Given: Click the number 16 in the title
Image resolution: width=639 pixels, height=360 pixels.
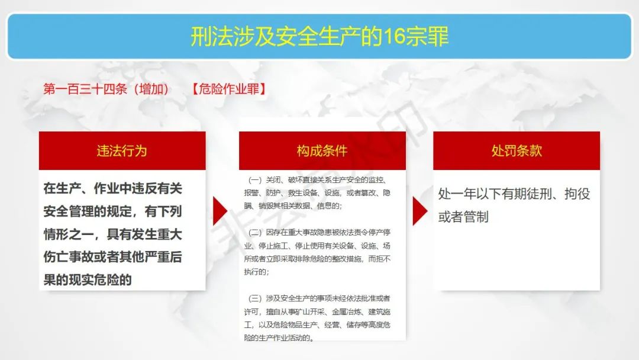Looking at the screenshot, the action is tap(393, 36).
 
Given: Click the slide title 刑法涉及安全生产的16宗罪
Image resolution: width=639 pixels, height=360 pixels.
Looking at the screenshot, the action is tap(320, 36).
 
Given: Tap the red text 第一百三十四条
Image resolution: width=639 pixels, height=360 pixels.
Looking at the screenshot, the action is tap(85, 89).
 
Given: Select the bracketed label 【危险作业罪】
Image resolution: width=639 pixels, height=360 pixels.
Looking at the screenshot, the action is tap(228, 89).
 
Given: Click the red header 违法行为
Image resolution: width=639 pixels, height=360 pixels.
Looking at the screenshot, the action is tap(122, 151).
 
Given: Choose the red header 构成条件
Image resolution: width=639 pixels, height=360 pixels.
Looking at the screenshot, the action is tap(322, 151).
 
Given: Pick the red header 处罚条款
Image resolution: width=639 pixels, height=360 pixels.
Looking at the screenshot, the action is tap(517, 151).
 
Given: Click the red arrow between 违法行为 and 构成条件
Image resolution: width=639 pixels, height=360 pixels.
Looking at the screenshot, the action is tap(220, 211).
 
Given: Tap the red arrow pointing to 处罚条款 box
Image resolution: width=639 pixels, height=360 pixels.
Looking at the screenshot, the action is tap(419, 211).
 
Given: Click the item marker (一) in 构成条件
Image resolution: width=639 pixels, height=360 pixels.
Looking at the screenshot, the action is tap(255, 180).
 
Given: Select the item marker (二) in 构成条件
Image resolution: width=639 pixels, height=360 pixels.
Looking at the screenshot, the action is tap(255, 232).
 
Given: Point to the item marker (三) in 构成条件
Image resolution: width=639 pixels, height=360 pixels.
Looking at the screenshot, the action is tap(255, 298).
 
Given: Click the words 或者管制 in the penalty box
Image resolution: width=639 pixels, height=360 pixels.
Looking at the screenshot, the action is tap(463, 217).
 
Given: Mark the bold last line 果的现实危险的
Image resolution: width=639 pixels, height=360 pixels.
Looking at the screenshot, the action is tap(88, 279).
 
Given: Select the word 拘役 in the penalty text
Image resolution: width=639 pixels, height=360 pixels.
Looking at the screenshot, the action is tap(577, 194).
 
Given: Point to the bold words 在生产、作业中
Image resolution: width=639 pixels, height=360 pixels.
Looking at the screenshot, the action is tap(87, 188).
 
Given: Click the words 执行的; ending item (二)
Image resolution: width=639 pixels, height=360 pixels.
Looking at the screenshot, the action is tap(256, 272).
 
